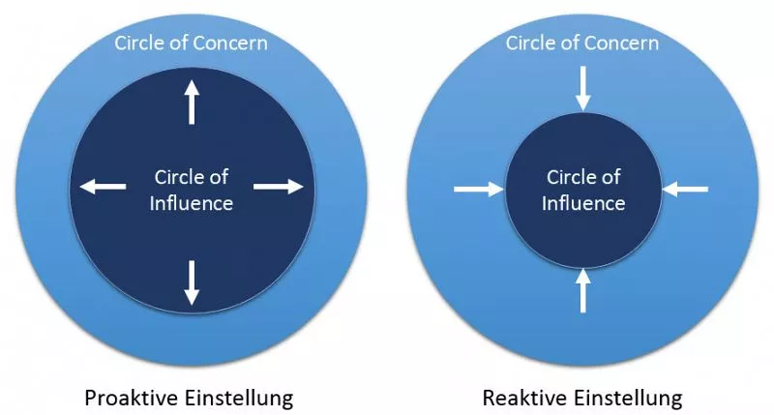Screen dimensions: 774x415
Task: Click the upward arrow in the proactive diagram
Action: pos(192,103)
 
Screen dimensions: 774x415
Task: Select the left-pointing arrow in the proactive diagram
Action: pos(103,187)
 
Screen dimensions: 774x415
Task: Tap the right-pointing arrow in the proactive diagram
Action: pos(279,187)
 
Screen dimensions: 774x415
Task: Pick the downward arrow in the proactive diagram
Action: pos(192,282)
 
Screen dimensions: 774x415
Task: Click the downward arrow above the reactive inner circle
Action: pos(583,89)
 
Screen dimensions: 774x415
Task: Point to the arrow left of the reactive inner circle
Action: pos(479,189)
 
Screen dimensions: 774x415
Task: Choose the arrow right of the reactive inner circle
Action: pos(686,189)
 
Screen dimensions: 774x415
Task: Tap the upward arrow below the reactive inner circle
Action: pos(583,290)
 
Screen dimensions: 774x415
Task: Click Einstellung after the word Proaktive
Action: pos(239,398)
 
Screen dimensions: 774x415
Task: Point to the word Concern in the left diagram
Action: pos(229,44)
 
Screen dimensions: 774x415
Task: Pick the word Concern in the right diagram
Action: pos(620,44)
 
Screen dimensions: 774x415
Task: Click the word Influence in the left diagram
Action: pos(192,203)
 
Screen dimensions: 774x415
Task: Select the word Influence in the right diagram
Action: pos(583,203)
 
